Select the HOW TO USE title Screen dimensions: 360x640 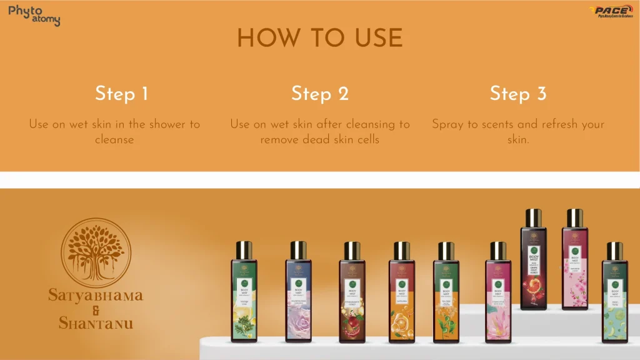click(319, 39)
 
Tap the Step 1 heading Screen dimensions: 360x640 click(122, 94)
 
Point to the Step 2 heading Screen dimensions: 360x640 click(319, 94)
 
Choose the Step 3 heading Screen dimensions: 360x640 click(518, 94)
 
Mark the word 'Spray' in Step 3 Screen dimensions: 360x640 click(449, 124)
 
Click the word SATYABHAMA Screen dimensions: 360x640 click(96, 295)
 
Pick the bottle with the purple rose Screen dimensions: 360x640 click(298, 300)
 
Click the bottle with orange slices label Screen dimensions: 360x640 click(401, 300)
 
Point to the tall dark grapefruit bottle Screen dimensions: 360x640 click(533, 269)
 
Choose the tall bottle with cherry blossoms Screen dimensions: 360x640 click(574, 269)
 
